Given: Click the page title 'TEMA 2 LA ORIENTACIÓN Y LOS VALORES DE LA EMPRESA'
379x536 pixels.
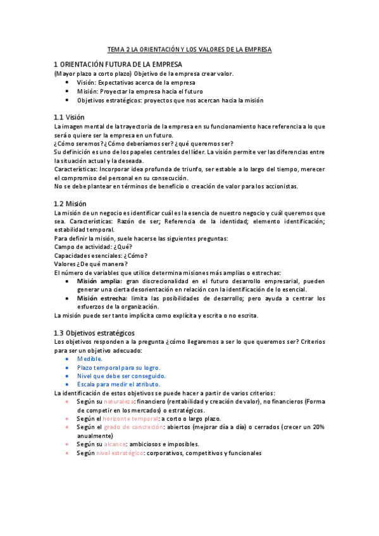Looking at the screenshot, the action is click(189, 49).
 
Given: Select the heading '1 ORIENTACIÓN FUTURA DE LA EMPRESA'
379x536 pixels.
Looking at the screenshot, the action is click(118, 64).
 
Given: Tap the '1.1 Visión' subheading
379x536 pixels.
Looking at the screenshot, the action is click(69, 117).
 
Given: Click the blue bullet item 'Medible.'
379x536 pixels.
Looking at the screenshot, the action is click(89, 358).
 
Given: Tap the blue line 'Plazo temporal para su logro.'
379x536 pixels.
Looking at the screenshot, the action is click(118, 367).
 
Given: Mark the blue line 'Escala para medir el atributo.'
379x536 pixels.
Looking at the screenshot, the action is click(118, 384).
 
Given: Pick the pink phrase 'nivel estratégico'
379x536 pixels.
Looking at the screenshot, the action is click(119, 453).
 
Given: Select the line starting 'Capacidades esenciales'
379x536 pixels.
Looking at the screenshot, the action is click(101, 255).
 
